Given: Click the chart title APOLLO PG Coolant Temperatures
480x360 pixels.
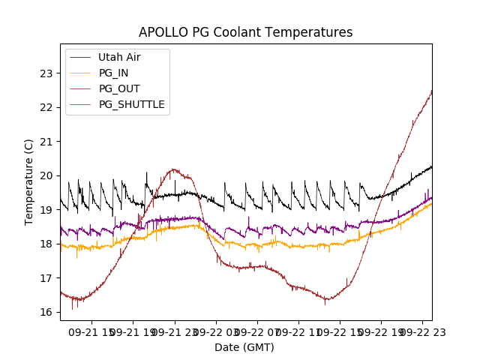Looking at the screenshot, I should pyautogui.click(x=245, y=32).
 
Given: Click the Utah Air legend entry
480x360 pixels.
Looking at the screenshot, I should pyautogui.click(x=119, y=57).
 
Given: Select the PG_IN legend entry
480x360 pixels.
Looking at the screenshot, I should pyautogui.click(x=113, y=73).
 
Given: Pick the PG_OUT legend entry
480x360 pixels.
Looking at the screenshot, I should pyautogui.click(x=119, y=88).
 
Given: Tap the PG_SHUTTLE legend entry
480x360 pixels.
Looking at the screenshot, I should pyautogui.click(x=131, y=104).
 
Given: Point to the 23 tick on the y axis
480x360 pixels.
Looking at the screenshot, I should pyautogui.click(x=46, y=73).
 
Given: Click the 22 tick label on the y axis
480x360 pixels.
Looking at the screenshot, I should pyautogui.click(x=46, y=107).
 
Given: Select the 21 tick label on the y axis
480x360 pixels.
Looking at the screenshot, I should pyautogui.click(x=46, y=142).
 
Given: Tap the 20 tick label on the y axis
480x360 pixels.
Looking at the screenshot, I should pyautogui.click(x=46, y=175).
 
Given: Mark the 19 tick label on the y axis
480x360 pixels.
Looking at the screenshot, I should pyautogui.click(x=46, y=210).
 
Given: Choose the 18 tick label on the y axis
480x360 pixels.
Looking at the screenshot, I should pyautogui.click(x=46, y=244).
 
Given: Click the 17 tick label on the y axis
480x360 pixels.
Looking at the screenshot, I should pyautogui.click(x=46, y=278).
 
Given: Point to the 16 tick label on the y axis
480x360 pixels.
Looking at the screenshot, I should pyautogui.click(x=46, y=312).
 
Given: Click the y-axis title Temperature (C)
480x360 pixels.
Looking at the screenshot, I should pyautogui.click(x=28, y=181).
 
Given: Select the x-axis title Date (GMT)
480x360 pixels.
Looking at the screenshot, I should pyautogui.click(x=244, y=347).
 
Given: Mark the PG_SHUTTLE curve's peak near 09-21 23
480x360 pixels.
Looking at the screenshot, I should pyautogui.click(x=173, y=169).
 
